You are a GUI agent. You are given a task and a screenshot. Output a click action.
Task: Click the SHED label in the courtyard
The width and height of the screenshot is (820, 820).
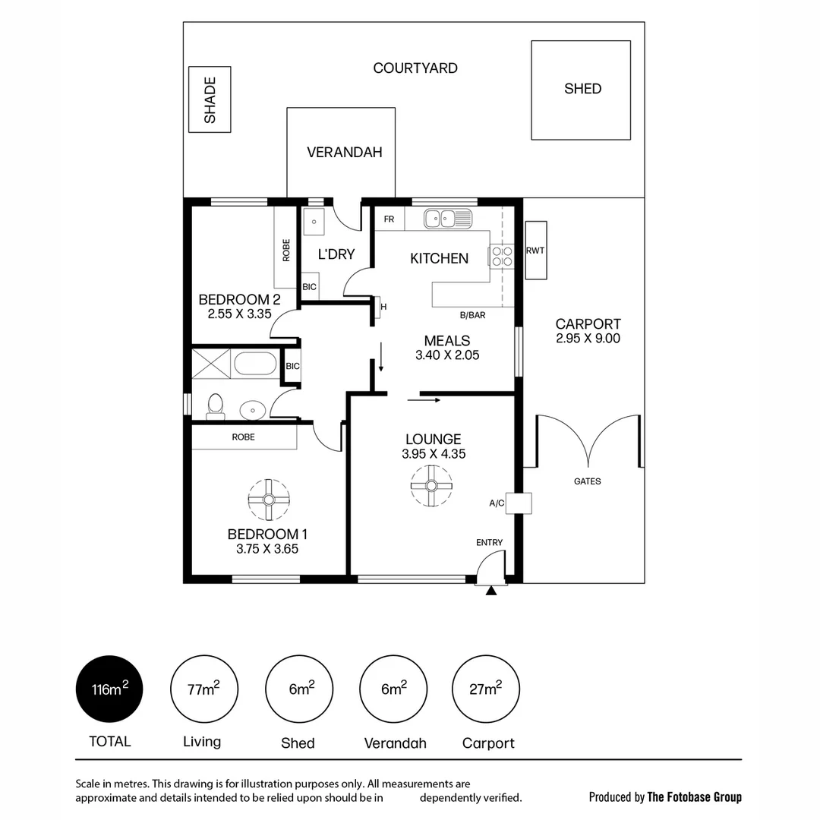point(582,89)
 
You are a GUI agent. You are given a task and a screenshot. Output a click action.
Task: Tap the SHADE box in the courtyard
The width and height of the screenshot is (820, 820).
point(210,99)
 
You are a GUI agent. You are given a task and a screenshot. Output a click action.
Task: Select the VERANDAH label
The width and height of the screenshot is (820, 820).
point(344,152)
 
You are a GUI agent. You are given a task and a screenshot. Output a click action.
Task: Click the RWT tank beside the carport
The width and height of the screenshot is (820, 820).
point(535,250)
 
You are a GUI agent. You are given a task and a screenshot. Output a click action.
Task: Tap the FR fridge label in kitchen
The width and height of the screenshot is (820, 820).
point(389,219)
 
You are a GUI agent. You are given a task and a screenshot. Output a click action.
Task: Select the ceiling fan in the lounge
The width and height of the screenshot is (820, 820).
point(431,486)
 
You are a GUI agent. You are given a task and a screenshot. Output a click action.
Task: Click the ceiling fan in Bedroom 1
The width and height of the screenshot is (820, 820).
point(269,499)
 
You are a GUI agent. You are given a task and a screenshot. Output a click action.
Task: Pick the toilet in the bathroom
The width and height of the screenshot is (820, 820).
point(216,406)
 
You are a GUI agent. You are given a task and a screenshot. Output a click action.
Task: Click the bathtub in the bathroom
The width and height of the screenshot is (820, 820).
point(255,364)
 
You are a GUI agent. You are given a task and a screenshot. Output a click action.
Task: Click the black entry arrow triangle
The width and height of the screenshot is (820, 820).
point(491,590)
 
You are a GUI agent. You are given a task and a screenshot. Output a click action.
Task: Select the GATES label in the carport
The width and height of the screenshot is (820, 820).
point(587,481)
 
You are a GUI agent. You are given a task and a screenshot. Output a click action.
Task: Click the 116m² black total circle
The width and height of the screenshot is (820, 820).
point(109,689)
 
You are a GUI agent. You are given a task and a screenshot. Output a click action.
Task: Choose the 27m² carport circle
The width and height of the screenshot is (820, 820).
point(486,689)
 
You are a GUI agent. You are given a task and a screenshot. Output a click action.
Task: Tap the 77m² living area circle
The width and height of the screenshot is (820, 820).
point(203,689)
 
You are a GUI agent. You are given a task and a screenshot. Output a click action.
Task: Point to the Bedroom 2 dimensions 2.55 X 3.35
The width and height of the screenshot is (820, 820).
point(239,313)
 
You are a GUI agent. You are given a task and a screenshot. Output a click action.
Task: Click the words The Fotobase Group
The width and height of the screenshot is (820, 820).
point(694,797)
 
